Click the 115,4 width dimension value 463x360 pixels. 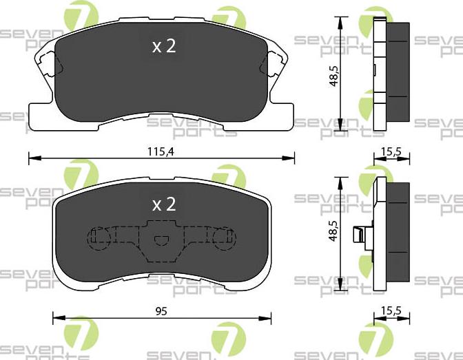160,152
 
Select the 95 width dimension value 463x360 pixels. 161,311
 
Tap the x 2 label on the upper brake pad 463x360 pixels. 164,46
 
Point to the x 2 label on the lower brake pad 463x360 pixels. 164,204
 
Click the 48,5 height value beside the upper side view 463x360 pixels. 334,76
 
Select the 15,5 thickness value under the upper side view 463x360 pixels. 392,152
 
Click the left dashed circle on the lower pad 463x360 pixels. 97,237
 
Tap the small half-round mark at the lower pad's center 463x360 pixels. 161,241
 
